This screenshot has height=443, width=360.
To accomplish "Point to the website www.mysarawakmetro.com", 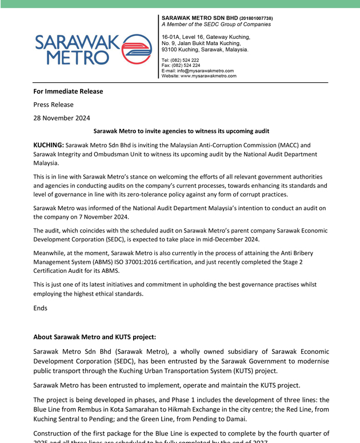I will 208,76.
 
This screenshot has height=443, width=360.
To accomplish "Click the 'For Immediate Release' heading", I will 68,91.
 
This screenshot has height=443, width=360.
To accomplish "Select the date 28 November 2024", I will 61,118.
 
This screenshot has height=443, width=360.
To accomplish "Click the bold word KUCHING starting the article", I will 49,145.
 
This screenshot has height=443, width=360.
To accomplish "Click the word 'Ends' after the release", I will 41,308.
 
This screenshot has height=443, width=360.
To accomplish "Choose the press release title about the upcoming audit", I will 181,131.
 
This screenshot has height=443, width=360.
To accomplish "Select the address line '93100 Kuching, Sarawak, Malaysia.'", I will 205,50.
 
